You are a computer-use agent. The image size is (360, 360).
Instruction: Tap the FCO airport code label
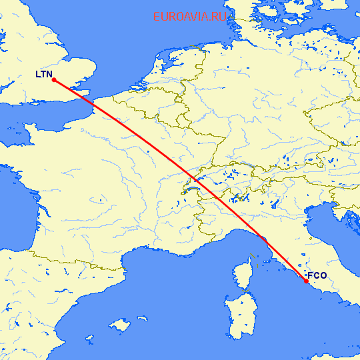click(x=317, y=275)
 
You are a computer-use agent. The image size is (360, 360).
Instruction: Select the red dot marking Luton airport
click(x=53, y=81)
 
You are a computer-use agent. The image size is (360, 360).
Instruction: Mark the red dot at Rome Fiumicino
click(x=306, y=281)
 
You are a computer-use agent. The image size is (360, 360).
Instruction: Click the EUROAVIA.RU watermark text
click(x=190, y=17)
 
